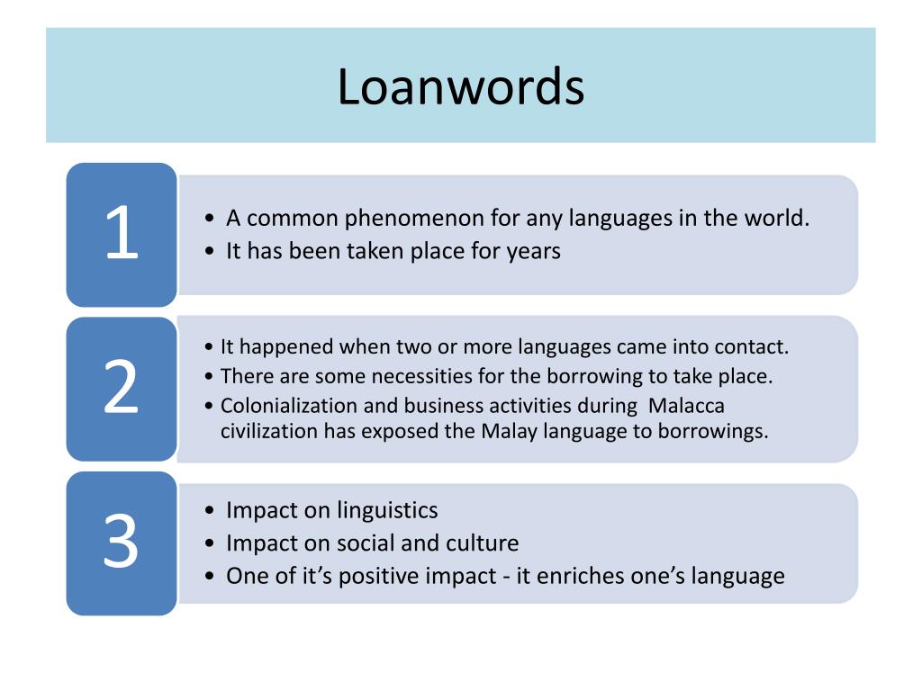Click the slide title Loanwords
(461, 87)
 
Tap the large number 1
(122, 233)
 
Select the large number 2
(122, 388)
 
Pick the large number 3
(121, 543)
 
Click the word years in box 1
(533, 252)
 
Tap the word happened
(278, 347)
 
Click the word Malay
(509, 431)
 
